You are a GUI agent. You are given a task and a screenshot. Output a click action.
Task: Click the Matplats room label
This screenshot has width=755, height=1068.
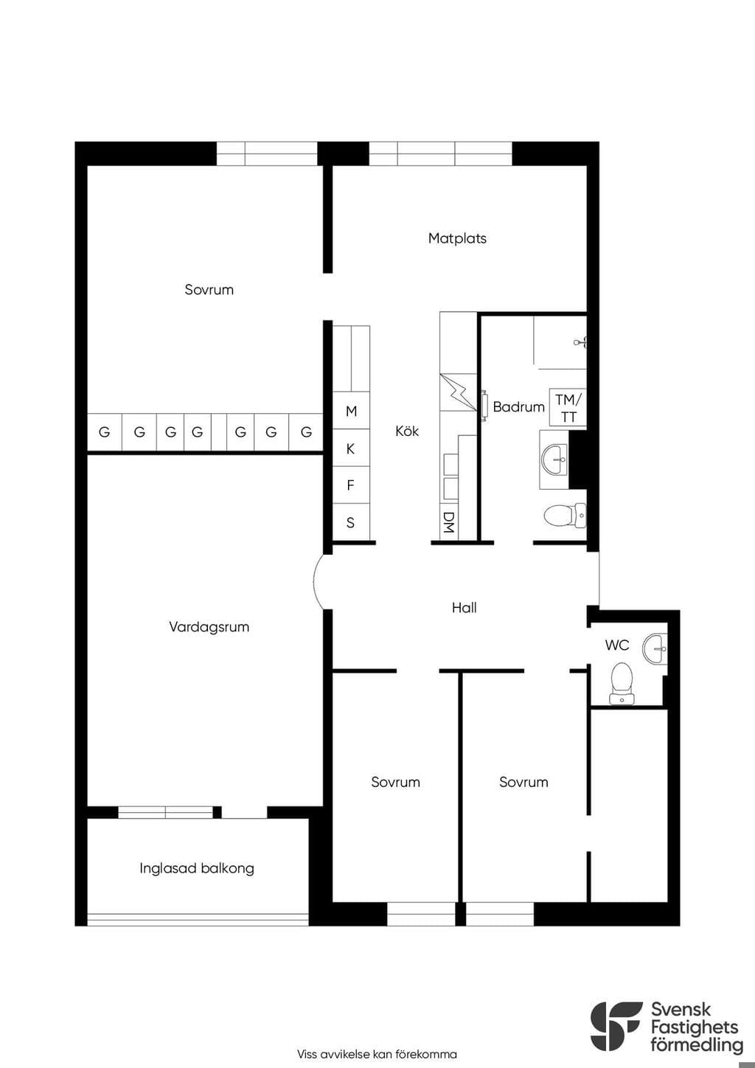tap(457, 238)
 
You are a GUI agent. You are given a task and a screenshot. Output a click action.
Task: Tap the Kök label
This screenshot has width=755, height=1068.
tap(406, 431)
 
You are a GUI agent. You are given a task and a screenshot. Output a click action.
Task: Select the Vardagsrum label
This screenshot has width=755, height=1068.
tap(209, 627)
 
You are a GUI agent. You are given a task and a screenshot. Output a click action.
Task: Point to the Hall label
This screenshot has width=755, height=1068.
tap(464, 608)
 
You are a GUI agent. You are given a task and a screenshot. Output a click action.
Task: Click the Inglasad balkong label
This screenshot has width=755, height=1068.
tap(196, 868)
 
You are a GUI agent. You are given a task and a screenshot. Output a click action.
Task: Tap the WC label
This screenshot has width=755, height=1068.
tap(617, 645)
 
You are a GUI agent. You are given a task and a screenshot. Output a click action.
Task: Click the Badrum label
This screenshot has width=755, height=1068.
tap(518, 406)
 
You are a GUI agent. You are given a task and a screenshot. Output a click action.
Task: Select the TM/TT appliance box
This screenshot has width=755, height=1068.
tap(568, 407)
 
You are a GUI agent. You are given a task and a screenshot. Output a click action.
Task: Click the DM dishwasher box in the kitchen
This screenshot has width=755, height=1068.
tap(448, 522)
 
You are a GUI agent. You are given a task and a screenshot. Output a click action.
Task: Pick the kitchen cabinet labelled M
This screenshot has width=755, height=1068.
tap(351, 411)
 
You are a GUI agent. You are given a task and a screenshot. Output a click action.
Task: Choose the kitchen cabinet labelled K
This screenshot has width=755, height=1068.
tap(351, 448)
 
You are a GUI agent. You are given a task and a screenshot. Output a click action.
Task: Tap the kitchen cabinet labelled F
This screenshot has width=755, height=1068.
tap(351, 485)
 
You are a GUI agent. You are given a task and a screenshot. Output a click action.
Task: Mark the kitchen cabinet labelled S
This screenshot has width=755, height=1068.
tap(351, 522)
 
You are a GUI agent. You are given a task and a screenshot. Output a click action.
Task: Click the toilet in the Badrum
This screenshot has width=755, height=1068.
tap(566, 516)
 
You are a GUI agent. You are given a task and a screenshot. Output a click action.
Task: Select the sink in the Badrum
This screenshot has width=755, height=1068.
tap(554, 460)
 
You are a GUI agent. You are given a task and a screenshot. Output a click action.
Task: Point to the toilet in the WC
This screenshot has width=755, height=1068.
tap(622, 683)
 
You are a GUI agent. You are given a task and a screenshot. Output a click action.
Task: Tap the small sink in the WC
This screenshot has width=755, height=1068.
tap(655, 648)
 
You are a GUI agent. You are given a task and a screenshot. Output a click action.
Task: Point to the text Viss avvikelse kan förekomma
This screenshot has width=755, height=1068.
tap(377, 1054)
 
